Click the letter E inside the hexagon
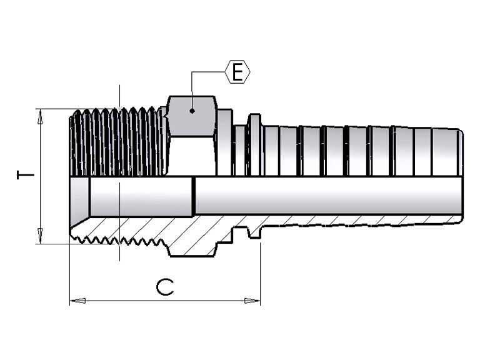[237, 72]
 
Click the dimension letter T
[26, 175]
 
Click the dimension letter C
[165, 287]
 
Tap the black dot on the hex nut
[192, 111]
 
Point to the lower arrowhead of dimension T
[40, 236]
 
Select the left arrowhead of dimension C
[77, 301]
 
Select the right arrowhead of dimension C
[252, 301]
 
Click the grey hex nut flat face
[192, 116]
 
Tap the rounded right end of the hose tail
[461, 152]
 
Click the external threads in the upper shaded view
[118, 142]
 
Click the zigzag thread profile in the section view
[119, 241]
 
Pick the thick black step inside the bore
[194, 196]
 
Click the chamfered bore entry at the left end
[79, 196]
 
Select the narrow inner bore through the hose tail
[327, 195]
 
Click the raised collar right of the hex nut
[225, 142]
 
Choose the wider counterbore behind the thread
[141, 196]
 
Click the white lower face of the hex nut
[192, 156]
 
